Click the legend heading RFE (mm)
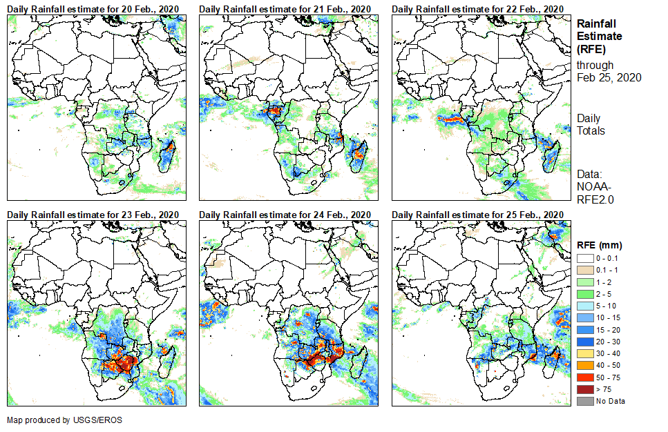tap(599, 245)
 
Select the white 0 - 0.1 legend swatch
tap(584, 258)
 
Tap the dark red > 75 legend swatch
tap(584, 389)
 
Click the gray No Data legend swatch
tap(584, 401)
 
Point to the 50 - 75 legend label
tap(608, 377)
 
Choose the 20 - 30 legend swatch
tap(584, 342)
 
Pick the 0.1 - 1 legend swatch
tap(584, 270)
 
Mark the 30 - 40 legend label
tap(608, 353)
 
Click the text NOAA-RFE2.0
tap(595, 193)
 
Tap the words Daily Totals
tap(591, 124)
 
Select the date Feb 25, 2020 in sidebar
tap(609, 77)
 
